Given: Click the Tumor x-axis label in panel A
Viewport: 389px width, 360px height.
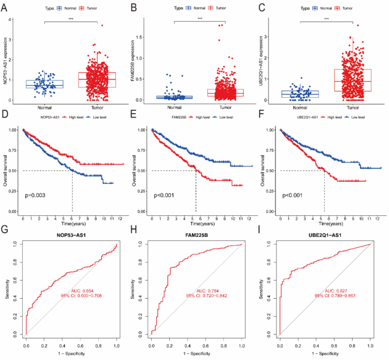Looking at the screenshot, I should pyautogui.click(x=97, y=107).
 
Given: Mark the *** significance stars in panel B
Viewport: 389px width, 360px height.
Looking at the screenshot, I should pyautogui.click(x=200, y=19).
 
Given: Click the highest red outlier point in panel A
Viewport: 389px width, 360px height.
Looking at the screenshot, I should pyautogui.click(x=102, y=25).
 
